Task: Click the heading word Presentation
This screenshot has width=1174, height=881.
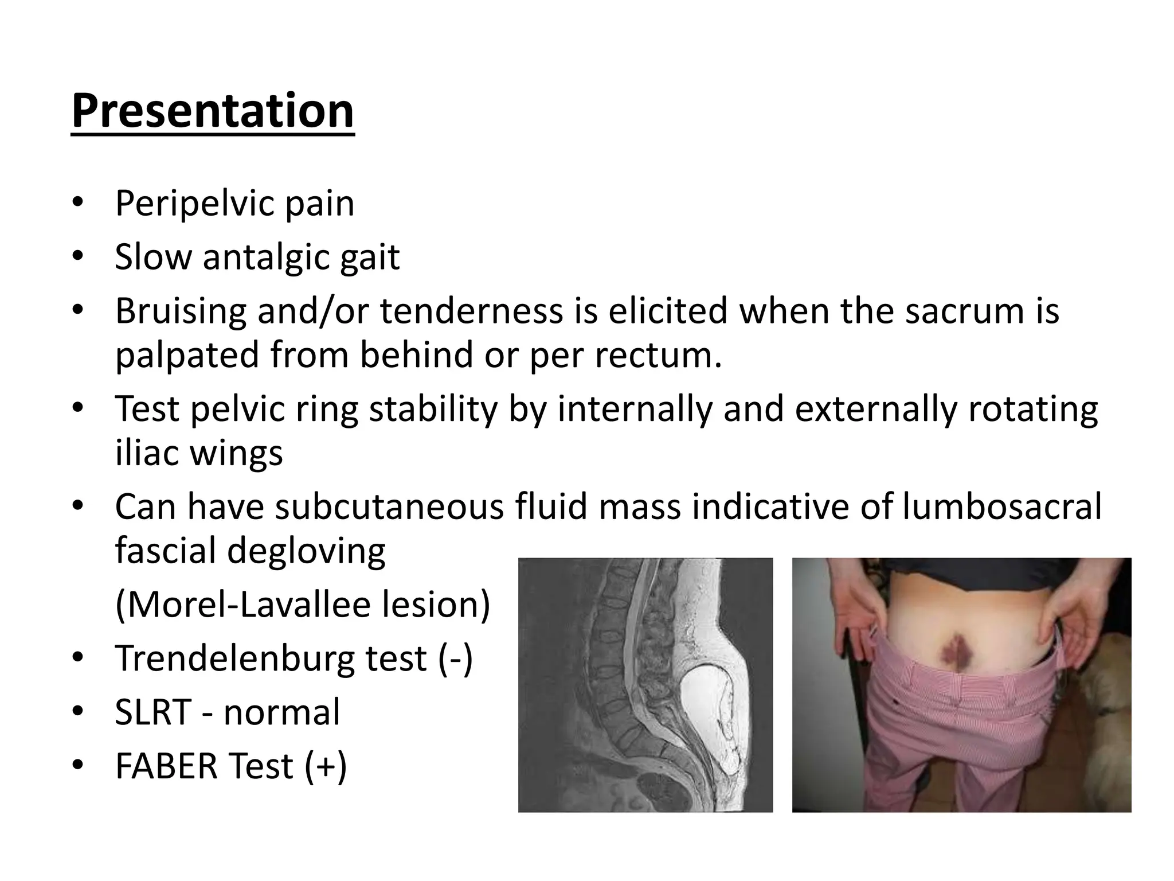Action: (213, 111)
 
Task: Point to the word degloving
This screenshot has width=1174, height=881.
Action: (307, 551)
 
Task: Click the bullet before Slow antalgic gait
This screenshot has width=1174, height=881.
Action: (78, 257)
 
